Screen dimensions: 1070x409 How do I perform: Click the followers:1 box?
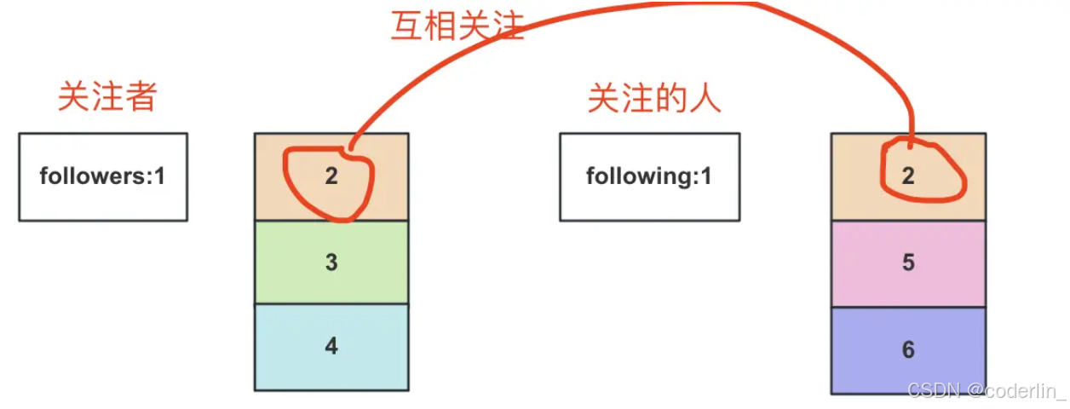[102, 177]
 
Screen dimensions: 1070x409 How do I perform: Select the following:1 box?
[649, 177]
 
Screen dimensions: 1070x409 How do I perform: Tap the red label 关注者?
[107, 97]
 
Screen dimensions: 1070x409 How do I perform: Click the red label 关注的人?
[654, 99]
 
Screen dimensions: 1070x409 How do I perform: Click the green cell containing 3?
[331, 262]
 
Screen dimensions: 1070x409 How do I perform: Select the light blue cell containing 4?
[331, 347]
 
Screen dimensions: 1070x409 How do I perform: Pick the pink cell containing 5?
[908, 263]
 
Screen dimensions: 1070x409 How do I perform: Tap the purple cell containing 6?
[908, 349]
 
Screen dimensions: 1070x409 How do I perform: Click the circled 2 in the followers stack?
[331, 176]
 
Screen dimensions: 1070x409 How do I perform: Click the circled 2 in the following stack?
[908, 176]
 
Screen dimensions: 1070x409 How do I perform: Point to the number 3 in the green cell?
[331, 262]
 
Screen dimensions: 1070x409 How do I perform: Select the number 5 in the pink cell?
[908, 263]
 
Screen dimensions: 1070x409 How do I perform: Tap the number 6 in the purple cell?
[908, 349]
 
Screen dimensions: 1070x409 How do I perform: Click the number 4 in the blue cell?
[331, 347]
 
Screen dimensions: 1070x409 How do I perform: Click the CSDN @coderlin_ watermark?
[986, 391]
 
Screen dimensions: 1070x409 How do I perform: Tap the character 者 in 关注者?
[141, 97]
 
